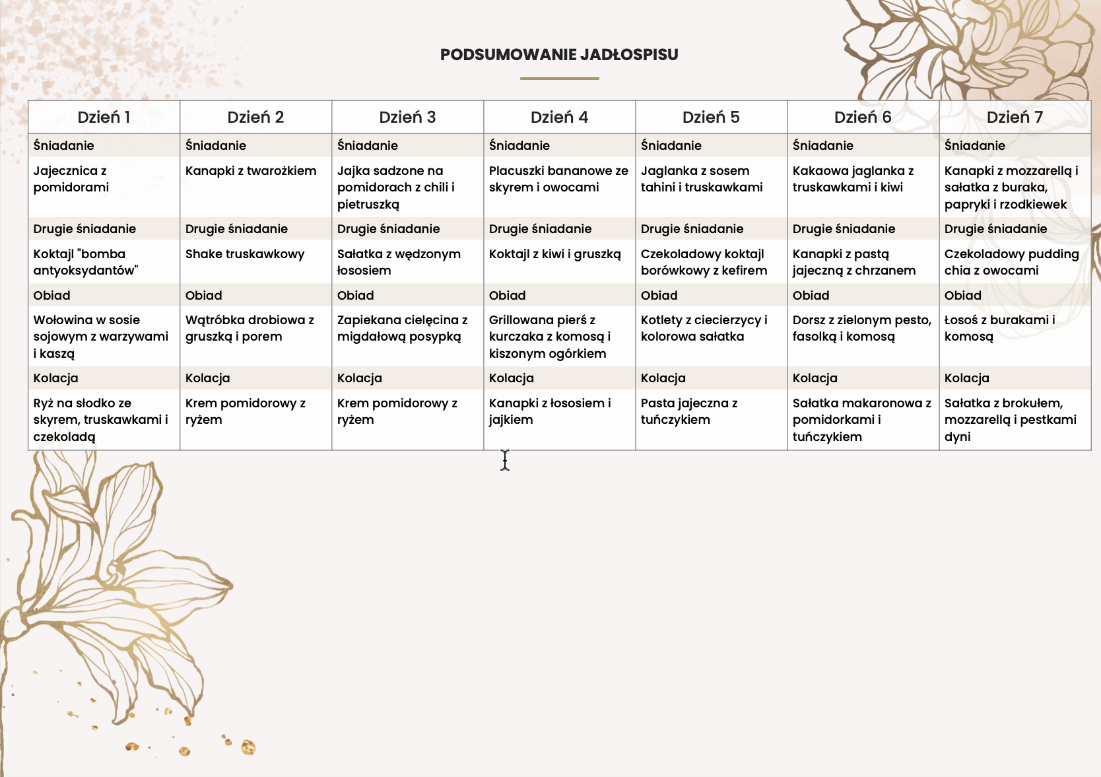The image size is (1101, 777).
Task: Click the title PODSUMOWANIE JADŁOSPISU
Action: click(x=559, y=55)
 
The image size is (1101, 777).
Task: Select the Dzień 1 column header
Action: click(x=104, y=118)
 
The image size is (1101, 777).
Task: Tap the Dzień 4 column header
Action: click(x=559, y=118)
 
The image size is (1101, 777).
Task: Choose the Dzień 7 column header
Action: click(x=1015, y=118)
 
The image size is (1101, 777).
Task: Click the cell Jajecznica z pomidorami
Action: click(x=71, y=179)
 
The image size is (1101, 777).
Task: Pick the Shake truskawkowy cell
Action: click(x=245, y=254)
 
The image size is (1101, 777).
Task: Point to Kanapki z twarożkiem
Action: click(x=251, y=171)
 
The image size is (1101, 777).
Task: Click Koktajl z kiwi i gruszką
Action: click(x=554, y=254)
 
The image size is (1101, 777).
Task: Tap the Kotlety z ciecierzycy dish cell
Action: click(x=704, y=328)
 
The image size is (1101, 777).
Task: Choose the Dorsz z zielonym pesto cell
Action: click(x=861, y=328)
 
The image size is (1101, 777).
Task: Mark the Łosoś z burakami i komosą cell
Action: click(x=999, y=328)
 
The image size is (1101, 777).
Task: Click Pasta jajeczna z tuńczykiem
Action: click(x=689, y=411)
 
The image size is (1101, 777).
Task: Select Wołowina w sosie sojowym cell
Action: click(x=100, y=337)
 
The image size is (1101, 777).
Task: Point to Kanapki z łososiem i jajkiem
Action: click(x=550, y=411)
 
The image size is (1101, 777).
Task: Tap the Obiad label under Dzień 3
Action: click(x=356, y=296)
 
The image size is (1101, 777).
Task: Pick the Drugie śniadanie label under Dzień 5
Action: click(x=692, y=229)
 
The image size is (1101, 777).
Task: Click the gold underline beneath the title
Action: click(x=559, y=79)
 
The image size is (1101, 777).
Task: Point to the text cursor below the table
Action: click(x=505, y=460)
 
